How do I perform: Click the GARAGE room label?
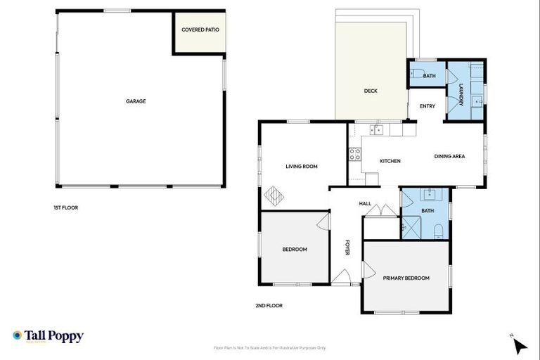click(x=136, y=101)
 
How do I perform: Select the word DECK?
click(x=371, y=91)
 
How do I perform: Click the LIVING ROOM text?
click(x=302, y=167)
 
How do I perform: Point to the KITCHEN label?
click(x=390, y=161)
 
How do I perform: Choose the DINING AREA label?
click(x=449, y=156)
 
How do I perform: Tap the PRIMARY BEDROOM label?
click(x=406, y=278)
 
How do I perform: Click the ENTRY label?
click(x=427, y=107)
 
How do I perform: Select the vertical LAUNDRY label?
click(x=461, y=95)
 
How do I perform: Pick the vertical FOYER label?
click(x=347, y=248)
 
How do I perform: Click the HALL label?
click(x=365, y=204)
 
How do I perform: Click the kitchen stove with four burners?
click(x=355, y=153)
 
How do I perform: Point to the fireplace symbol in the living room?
click(x=273, y=195)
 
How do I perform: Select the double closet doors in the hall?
click(x=382, y=210)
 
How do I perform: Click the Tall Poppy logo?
click(x=48, y=336)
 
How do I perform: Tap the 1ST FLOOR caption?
click(x=65, y=208)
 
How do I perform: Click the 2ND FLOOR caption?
click(x=269, y=306)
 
